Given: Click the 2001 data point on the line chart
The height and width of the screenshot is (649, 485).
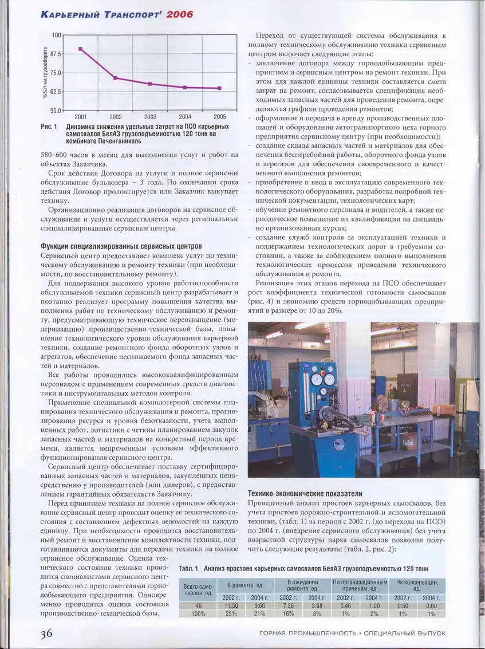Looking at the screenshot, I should click(x=81, y=49).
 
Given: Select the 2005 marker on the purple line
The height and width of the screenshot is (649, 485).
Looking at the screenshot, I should click(x=219, y=88).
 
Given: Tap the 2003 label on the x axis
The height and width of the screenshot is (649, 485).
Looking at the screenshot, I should click(x=150, y=116).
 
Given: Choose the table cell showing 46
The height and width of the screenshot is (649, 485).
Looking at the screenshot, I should click(x=198, y=605).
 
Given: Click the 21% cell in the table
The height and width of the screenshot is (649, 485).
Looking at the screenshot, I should click(x=259, y=613).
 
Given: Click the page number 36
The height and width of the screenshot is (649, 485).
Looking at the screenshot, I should click(x=47, y=633).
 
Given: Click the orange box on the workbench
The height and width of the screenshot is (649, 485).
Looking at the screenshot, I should click(x=444, y=410).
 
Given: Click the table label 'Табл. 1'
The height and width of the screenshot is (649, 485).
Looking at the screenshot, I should click(x=188, y=568).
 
